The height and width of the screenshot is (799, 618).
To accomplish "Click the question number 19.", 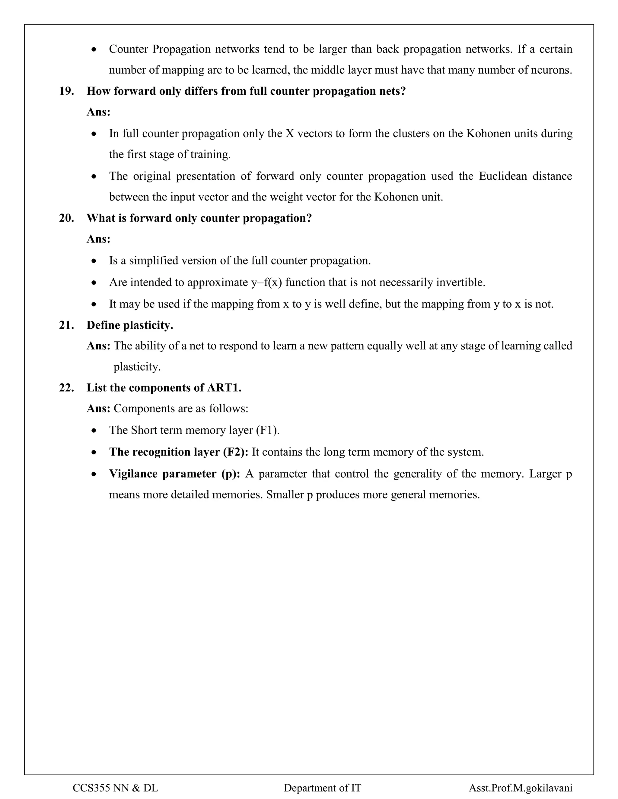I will [x=66, y=91].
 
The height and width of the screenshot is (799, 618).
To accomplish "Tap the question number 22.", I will [x=66, y=388].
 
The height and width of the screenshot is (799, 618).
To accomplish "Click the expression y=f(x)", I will [x=266, y=283].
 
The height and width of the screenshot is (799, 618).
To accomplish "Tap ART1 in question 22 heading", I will [x=224, y=388].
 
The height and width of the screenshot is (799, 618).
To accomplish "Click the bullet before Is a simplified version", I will [x=94, y=261].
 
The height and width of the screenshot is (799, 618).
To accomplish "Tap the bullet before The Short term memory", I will [x=94, y=431].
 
